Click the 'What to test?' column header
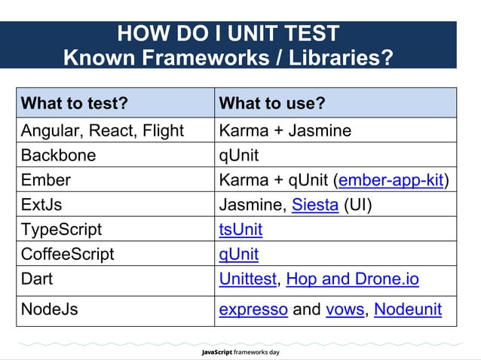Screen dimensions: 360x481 74,103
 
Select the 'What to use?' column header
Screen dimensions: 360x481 271,103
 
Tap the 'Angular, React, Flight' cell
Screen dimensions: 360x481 103,130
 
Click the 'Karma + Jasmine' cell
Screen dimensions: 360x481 285,130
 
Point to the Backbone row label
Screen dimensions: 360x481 59,155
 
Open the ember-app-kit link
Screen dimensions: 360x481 391,180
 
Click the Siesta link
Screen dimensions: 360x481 314,205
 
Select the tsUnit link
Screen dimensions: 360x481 240,229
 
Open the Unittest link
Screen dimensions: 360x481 247,279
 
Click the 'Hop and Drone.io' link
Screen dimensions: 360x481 352,279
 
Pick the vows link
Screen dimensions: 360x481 345,310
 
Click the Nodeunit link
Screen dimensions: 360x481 408,310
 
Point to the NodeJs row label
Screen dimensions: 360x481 50,310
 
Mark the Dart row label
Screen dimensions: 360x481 38,279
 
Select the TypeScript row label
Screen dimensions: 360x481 61,229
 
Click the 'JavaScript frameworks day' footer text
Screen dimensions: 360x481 240,352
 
